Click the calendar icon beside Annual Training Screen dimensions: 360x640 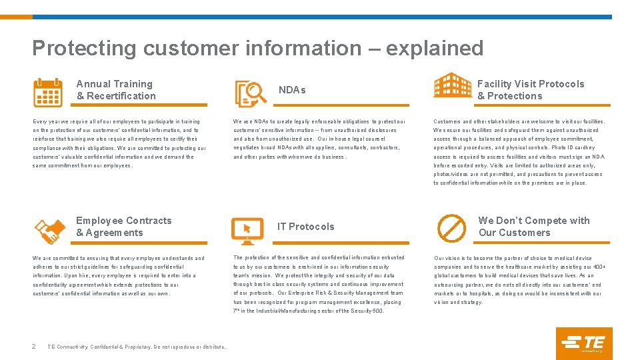(x=48, y=93)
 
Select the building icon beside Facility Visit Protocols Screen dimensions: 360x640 (x=452, y=85)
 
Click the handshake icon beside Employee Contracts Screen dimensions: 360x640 (x=49, y=230)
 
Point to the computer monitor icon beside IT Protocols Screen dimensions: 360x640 (x=247, y=230)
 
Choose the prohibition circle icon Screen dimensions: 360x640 (x=451, y=227)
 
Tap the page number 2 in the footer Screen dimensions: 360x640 (x=34, y=346)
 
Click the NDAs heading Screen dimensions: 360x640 (x=292, y=90)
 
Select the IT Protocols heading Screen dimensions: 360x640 (x=306, y=227)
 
